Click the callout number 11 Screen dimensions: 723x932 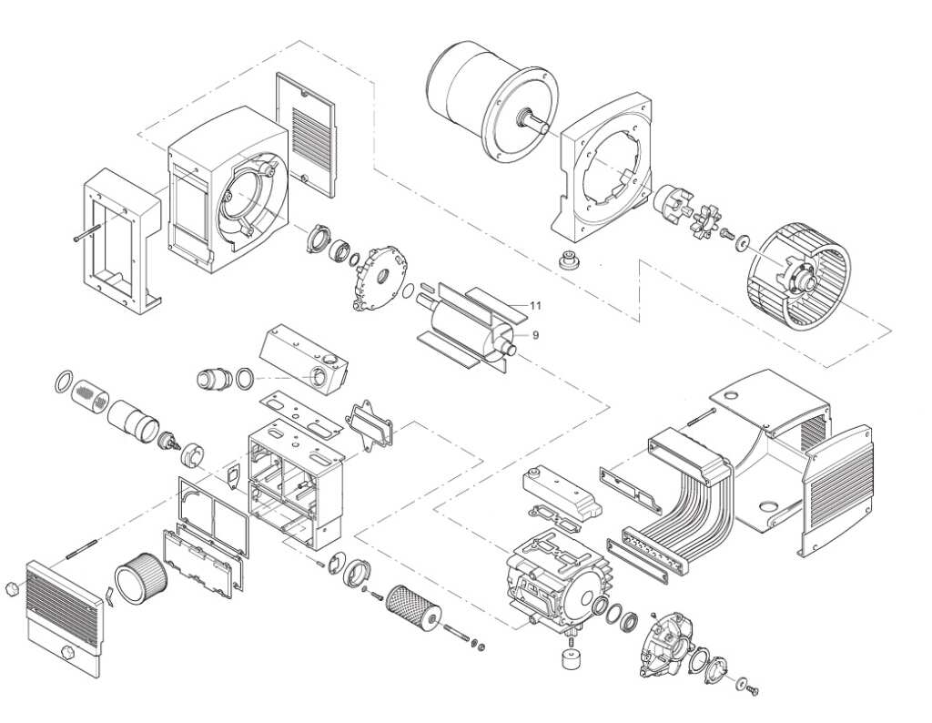[535, 305]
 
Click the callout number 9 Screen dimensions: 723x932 [536, 335]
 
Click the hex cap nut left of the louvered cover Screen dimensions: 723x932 [13, 589]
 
